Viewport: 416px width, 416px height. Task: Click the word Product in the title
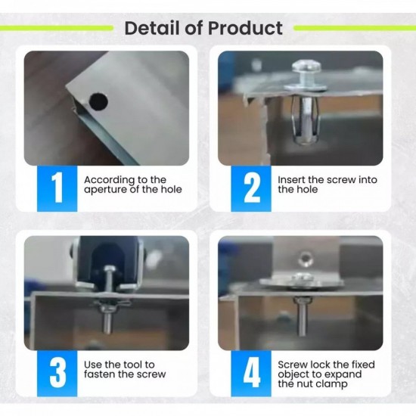pyautogui.click(x=245, y=28)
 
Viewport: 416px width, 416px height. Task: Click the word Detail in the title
pyautogui.click(x=152, y=28)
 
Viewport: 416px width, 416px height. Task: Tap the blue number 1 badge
pyautogui.click(x=57, y=188)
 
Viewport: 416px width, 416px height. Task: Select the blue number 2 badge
pyautogui.click(x=251, y=188)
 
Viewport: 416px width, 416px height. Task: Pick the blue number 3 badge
pyautogui.click(x=57, y=374)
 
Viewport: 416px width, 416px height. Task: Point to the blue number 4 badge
pyautogui.click(x=251, y=374)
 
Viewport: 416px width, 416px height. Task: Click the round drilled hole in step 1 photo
pyautogui.click(x=98, y=101)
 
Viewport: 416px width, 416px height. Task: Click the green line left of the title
pyautogui.click(x=56, y=28)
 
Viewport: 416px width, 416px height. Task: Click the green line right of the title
pyautogui.click(x=355, y=28)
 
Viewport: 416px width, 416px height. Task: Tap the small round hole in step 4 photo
pyautogui.click(x=306, y=258)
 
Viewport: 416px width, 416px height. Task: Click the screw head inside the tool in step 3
pyautogui.click(x=109, y=270)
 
